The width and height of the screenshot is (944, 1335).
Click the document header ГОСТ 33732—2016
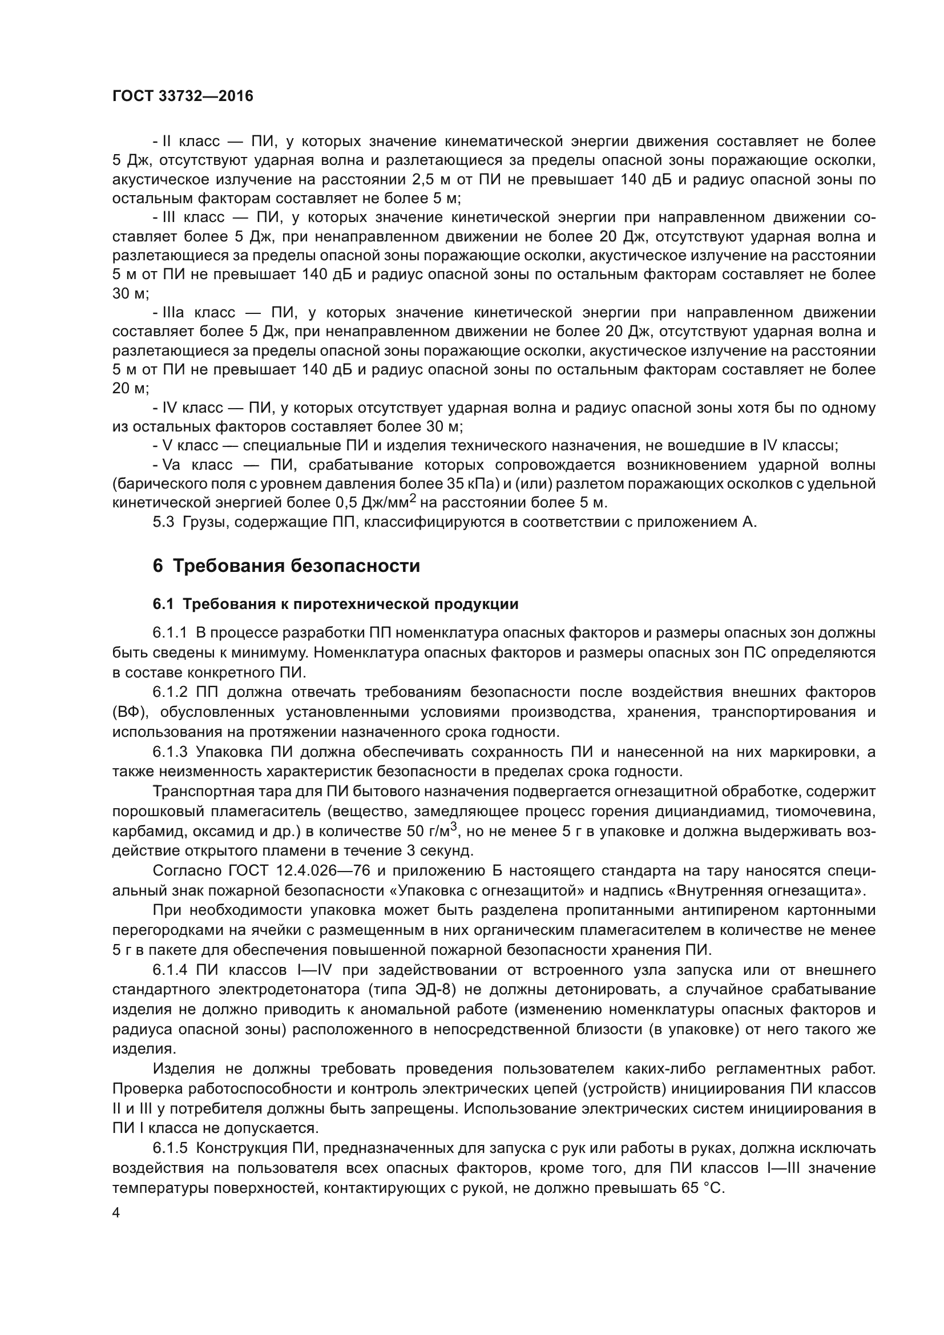[183, 96]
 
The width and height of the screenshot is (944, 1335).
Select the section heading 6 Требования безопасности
[286, 566]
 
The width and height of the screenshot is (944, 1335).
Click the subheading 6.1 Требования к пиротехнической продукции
[336, 604]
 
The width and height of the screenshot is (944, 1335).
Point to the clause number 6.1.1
[170, 632]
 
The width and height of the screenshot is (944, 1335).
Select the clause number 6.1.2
[170, 692]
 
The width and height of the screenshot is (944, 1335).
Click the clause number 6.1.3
[170, 752]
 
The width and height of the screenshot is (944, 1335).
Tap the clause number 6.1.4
[170, 970]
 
